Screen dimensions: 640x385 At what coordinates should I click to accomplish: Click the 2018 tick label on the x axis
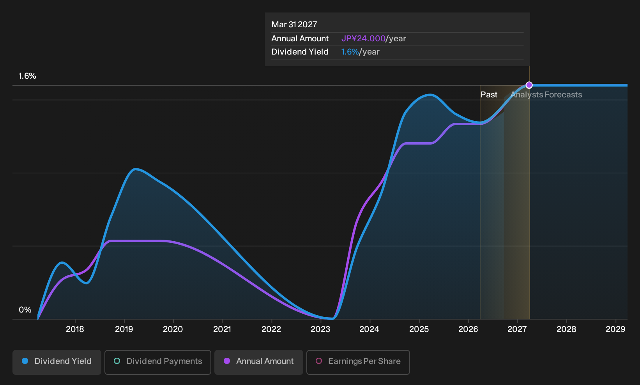pyautogui.click(x=75, y=329)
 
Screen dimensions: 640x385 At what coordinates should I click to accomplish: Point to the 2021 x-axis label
pyautogui.click(x=222, y=329)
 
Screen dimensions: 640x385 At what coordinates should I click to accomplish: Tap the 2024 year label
pyautogui.click(x=370, y=329)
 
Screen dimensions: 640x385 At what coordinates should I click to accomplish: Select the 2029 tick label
pyautogui.click(x=615, y=329)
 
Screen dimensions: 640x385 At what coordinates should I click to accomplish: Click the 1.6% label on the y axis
pyautogui.click(x=27, y=76)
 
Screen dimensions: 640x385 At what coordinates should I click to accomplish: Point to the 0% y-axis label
pyautogui.click(x=25, y=310)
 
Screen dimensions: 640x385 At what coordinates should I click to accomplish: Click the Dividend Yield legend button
pyautogui.click(x=57, y=362)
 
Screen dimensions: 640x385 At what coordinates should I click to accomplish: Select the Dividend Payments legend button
pyautogui.click(x=158, y=362)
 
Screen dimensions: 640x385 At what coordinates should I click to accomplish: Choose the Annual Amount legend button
pyautogui.click(x=258, y=362)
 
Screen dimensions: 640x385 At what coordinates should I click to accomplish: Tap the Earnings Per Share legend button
pyautogui.click(x=358, y=362)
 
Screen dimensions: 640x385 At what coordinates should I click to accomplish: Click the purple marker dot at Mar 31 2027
pyautogui.click(x=529, y=85)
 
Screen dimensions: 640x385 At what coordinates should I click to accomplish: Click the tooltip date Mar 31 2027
pyautogui.click(x=294, y=25)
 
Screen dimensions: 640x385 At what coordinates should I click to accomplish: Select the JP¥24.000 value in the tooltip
pyautogui.click(x=363, y=39)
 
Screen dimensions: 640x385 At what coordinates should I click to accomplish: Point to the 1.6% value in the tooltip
pyautogui.click(x=350, y=52)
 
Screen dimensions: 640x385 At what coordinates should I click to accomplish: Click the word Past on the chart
pyautogui.click(x=489, y=95)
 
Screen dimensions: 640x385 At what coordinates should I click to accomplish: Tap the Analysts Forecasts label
pyautogui.click(x=546, y=95)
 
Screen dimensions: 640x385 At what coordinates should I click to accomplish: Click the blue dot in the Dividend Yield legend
pyautogui.click(x=25, y=361)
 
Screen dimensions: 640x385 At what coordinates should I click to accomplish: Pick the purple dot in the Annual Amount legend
pyautogui.click(x=227, y=361)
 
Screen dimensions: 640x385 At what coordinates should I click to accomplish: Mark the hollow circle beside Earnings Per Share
pyautogui.click(x=319, y=361)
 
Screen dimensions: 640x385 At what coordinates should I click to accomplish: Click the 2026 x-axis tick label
pyautogui.click(x=468, y=329)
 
